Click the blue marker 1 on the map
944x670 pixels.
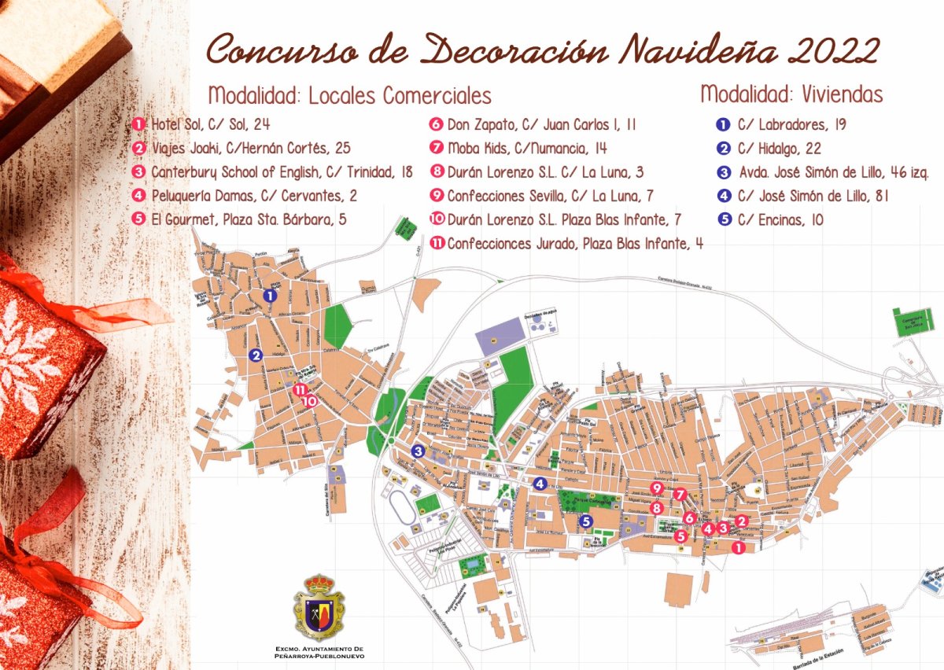[270, 296]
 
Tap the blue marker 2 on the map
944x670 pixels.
[256, 355]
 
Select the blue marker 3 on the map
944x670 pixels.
[418, 451]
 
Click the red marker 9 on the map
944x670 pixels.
[657, 488]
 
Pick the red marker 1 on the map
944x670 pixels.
[737, 547]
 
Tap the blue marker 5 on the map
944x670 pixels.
[585, 521]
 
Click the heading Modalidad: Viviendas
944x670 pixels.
[791, 94]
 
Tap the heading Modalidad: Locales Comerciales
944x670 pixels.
[349, 96]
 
